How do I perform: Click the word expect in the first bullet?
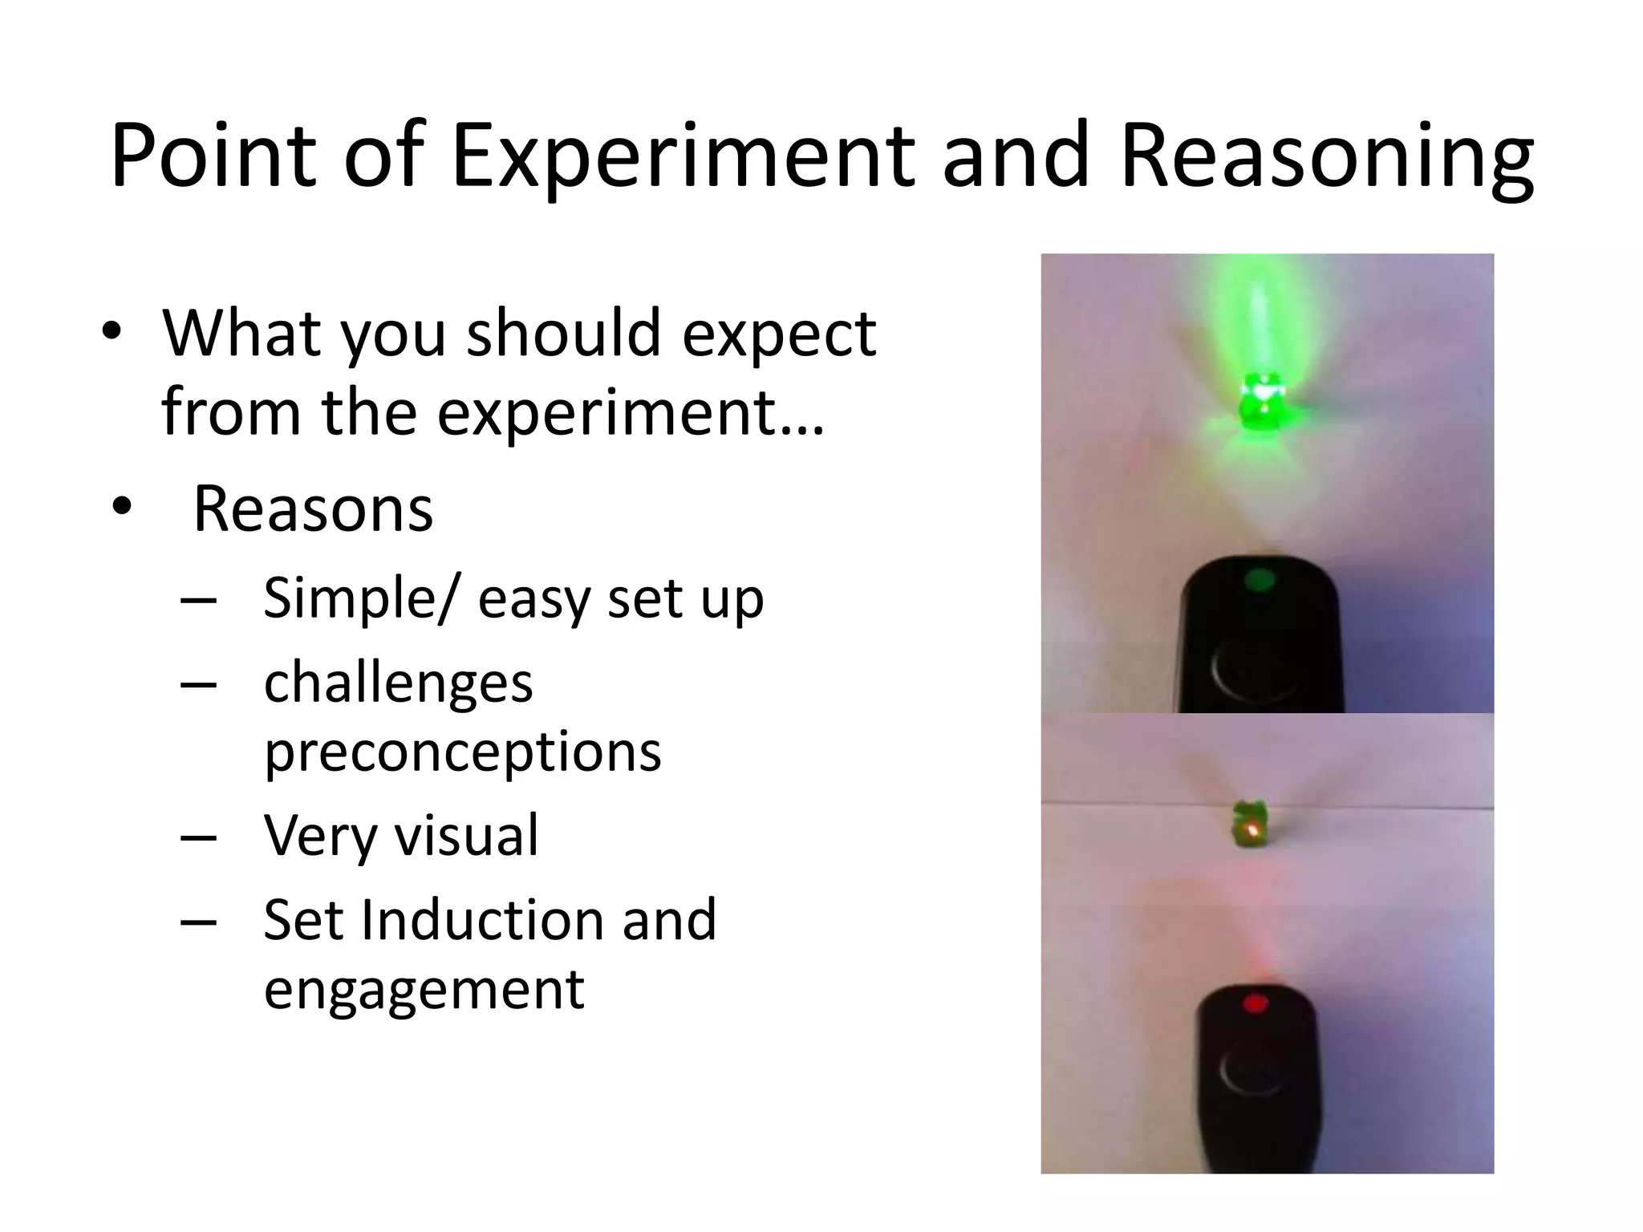778,335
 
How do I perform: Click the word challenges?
398,683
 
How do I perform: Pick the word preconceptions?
462,752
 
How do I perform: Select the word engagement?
424,990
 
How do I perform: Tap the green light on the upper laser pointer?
1258,580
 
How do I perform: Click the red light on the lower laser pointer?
1255,1003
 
